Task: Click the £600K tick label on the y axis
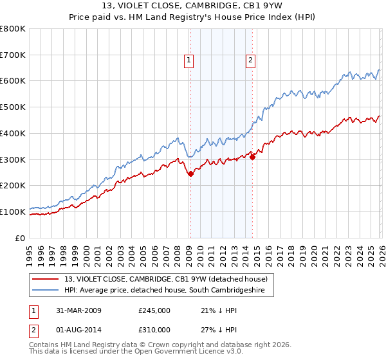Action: tap(13, 81)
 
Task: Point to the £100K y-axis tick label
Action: tap(13, 212)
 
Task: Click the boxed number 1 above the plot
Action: tap(189, 61)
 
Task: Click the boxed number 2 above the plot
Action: tap(250, 61)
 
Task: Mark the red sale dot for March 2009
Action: tap(190, 174)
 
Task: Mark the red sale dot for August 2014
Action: tap(252, 156)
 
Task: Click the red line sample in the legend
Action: tap(46, 279)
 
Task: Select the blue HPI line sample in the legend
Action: tap(46, 291)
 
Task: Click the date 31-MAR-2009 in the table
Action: tap(74, 310)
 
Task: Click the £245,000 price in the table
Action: tap(154, 310)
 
